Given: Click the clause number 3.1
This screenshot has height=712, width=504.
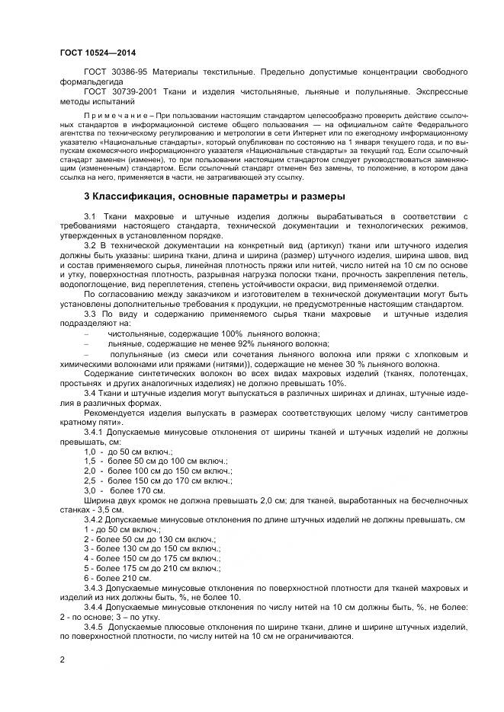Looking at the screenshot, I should tap(91, 216).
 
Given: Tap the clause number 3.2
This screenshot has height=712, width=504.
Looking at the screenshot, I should tap(91, 246).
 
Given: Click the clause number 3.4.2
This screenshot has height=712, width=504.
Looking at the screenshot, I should tap(96, 519).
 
